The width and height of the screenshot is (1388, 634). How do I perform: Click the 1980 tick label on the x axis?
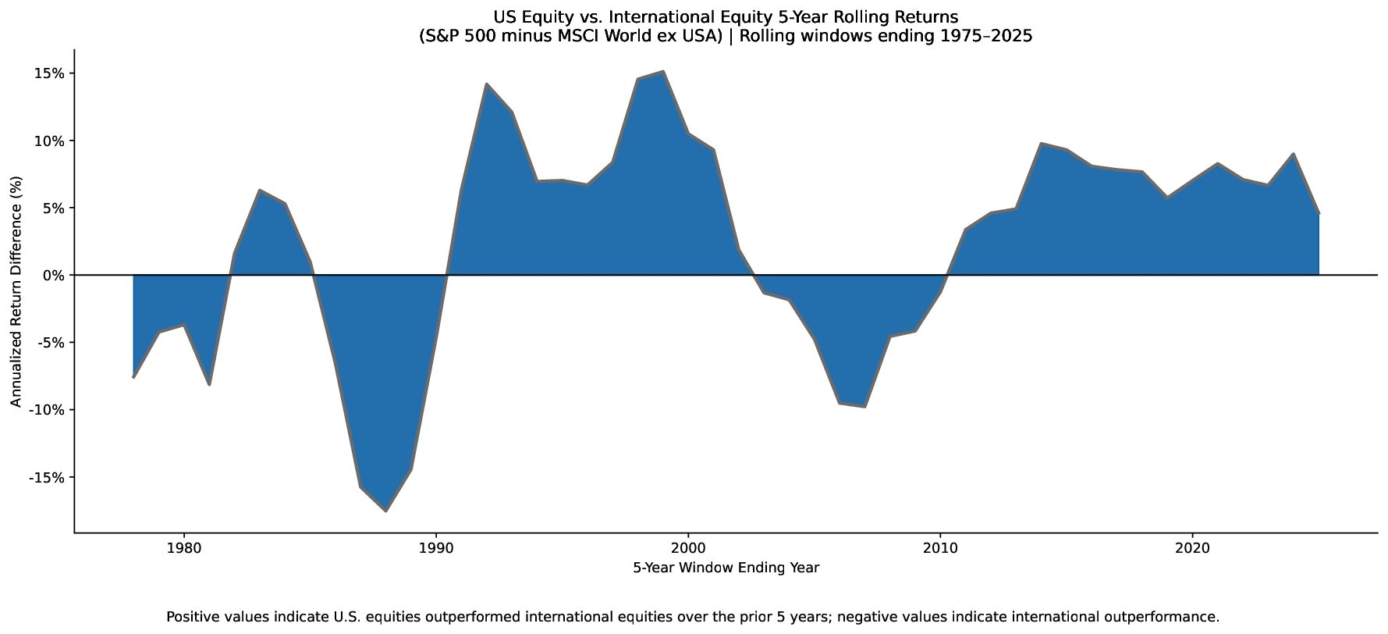(x=184, y=549)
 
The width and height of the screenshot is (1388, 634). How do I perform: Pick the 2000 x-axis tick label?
(x=688, y=549)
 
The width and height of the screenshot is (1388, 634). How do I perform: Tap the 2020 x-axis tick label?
(x=1192, y=549)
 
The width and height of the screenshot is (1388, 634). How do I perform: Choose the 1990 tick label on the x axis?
(x=436, y=549)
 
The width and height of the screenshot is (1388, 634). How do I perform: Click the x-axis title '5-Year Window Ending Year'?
(x=726, y=568)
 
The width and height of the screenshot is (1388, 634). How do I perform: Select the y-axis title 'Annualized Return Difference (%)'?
(x=16, y=291)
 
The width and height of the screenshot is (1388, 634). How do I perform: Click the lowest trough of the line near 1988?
(x=385, y=511)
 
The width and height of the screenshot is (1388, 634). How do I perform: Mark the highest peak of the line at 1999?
(x=663, y=72)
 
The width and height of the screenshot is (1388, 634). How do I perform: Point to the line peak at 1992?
(x=486, y=84)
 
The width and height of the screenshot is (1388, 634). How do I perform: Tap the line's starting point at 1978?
(x=133, y=377)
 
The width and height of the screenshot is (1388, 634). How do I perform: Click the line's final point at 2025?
(x=1319, y=213)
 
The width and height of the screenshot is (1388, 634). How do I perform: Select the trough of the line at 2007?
(x=864, y=406)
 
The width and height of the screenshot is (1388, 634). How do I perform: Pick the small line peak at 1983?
(x=259, y=191)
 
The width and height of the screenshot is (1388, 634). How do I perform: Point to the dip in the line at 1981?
(x=209, y=385)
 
